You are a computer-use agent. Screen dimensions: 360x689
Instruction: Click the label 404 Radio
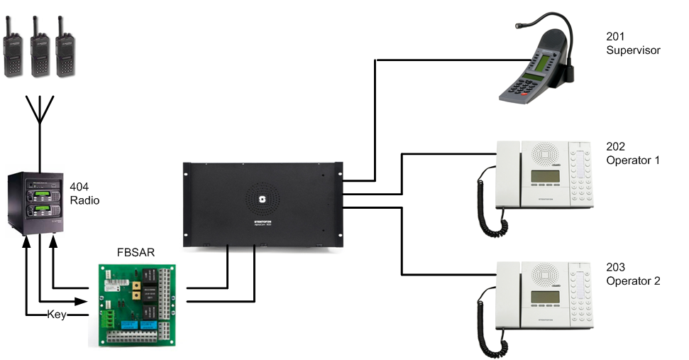(x=84, y=194)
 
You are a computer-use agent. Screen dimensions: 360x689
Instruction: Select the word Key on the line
(x=56, y=315)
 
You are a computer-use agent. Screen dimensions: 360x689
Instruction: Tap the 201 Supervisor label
(x=632, y=44)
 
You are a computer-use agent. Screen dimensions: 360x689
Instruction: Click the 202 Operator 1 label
(x=632, y=154)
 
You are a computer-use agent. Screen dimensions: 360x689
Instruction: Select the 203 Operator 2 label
(x=632, y=274)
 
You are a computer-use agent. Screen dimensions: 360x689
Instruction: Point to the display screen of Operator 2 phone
(x=545, y=297)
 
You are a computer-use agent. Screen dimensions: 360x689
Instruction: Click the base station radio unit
(x=37, y=202)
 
